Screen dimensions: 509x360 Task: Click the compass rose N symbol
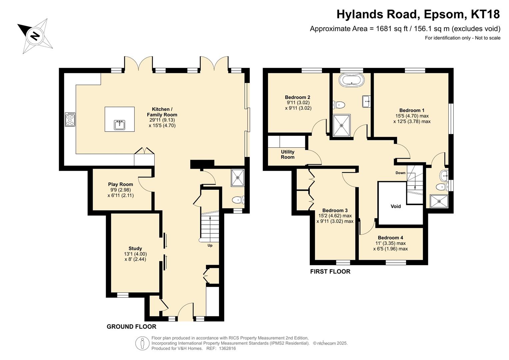35,36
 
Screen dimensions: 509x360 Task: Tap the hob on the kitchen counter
70,119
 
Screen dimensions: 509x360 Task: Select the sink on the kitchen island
120,125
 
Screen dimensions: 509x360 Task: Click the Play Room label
120,184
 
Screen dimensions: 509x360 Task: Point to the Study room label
135,248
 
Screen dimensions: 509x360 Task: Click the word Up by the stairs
210,245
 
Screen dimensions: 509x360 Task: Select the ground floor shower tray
238,178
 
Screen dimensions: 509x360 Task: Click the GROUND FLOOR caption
131,327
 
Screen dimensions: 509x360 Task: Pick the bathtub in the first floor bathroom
352,80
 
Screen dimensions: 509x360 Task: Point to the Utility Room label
288,154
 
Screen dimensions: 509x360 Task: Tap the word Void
396,206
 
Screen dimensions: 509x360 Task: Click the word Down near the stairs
400,173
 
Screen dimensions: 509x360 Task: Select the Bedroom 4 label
391,238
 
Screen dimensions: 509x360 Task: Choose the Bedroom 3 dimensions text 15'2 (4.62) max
335,216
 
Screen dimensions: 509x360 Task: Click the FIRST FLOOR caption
330,271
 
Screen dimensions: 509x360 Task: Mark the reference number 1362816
227,348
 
